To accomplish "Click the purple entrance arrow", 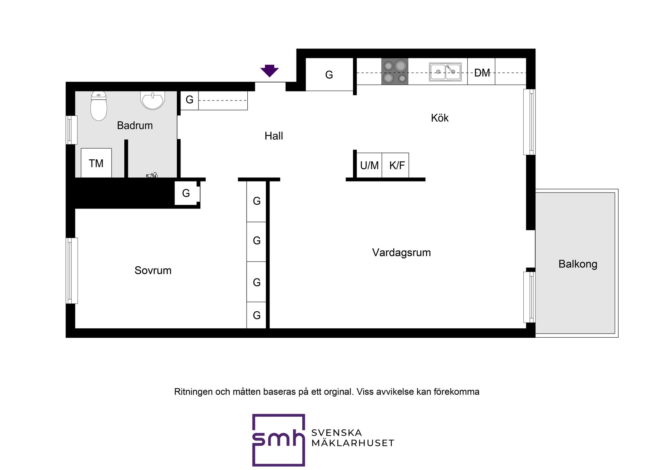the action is pos(269,71).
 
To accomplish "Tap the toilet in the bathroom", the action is pos(99,106).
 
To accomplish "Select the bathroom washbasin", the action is pos(152,100).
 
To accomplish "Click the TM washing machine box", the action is pos(96,163).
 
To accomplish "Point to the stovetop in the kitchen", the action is pos(395,71).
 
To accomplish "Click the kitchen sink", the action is pos(445,72).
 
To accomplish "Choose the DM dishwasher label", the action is pos(482,73).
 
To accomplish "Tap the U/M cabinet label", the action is pos(369,166).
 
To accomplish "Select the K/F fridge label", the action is pos(397,166).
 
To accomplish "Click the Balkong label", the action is pos(578,264).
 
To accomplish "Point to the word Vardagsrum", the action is pos(401,252).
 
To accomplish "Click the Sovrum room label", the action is pos(153,270).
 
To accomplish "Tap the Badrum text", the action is pos(135,125).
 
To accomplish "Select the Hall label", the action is pos(274,136).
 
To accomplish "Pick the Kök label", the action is pos(440,118).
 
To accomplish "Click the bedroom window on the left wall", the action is pos(72,271).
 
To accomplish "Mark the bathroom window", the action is pos(71,130).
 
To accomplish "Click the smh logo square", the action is pos(278,440).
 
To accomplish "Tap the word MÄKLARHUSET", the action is pos(353,443).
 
